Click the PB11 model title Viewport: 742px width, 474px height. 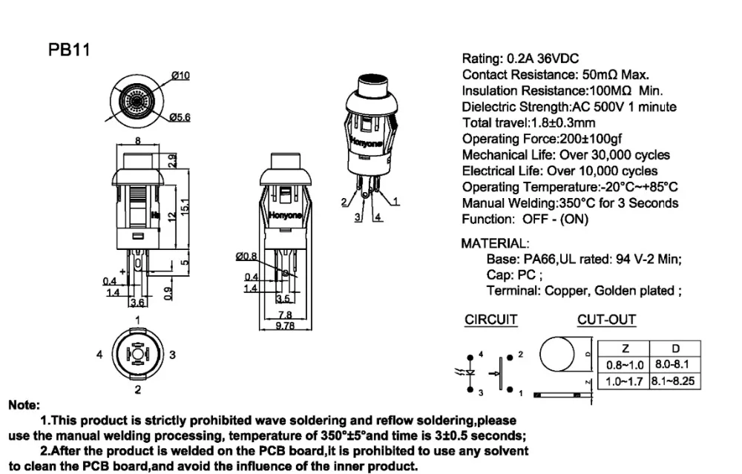coord(69,50)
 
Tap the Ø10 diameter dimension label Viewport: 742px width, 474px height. coord(180,76)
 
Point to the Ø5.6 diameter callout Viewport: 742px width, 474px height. coord(180,117)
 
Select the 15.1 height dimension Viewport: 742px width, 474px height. coord(185,206)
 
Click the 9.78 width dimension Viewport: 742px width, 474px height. coord(285,326)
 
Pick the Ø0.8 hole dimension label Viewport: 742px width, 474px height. coord(246,257)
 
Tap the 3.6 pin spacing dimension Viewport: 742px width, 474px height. coord(137,303)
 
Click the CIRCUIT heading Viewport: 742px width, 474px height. coord(490,320)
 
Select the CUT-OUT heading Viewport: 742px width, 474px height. coord(606,320)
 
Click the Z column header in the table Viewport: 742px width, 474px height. coord(625,349)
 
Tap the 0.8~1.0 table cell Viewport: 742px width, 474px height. coord(625,365)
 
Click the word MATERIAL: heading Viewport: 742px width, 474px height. coord(495,243)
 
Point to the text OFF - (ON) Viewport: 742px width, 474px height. coord(555,220)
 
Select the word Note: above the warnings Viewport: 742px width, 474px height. coord(24,406)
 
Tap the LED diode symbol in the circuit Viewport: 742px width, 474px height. coord(470,372)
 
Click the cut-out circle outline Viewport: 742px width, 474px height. coord(540,354)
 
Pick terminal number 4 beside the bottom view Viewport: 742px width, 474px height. coord(99,355)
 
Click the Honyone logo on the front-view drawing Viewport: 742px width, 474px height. coord(285,216)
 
